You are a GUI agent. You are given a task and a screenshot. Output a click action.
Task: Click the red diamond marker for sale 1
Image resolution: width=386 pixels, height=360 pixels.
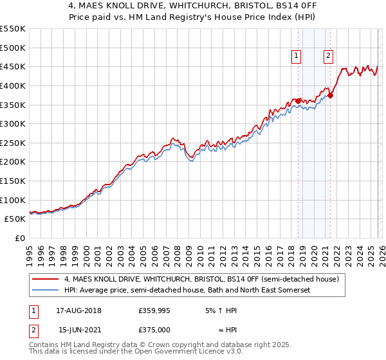tap(298, 101)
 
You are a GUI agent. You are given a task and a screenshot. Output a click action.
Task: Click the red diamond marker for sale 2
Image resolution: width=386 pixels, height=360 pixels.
tap(330, 95)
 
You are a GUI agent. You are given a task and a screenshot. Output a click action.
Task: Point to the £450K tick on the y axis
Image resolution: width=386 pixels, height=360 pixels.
tap(13, 66)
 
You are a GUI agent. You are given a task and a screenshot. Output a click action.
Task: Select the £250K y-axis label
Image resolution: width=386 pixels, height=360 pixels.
tap(13, 143)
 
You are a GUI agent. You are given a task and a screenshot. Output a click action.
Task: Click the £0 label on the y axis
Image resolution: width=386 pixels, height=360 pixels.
tap(20, 238)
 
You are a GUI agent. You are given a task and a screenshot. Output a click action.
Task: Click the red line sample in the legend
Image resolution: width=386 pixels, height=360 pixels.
tap(46, 279)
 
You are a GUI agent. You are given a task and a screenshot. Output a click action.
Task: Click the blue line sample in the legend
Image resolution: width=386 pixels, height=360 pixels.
tap(46, 291)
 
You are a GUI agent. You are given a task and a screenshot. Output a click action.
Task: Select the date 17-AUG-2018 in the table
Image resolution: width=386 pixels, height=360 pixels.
tap(78, 310)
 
